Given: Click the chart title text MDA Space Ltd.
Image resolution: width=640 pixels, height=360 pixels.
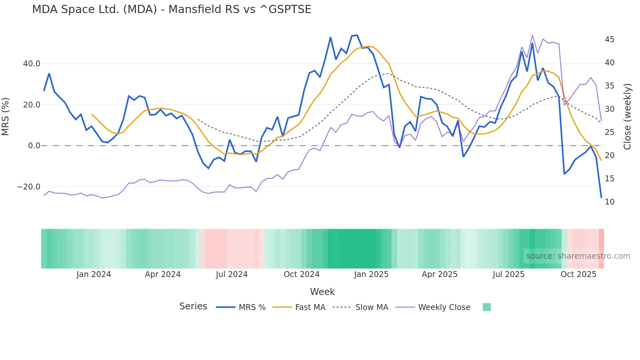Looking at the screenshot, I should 171,9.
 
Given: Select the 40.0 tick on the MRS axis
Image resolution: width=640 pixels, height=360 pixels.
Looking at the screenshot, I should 32,64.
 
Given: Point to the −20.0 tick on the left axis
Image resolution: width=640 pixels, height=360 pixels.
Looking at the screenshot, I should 29,187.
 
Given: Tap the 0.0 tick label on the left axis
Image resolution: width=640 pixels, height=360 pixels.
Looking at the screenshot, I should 34,146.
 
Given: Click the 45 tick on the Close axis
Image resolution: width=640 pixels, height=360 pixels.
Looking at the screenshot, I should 609,40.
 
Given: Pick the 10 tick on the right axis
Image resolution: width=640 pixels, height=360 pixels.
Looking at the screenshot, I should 609,202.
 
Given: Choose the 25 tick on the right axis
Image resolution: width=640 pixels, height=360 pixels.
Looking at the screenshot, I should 609,132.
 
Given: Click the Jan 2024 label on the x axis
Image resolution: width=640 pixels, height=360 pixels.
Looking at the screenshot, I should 94,274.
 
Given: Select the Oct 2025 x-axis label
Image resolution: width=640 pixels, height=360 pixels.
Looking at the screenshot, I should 578,274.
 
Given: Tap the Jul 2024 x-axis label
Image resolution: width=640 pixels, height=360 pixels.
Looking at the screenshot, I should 232,274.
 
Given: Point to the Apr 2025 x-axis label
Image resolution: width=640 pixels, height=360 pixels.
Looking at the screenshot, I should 440,274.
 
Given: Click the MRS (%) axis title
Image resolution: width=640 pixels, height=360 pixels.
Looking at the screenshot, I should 6,117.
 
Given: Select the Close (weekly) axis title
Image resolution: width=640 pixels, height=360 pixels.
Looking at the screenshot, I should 627,117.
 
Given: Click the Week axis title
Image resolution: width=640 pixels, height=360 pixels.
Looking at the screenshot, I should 322,292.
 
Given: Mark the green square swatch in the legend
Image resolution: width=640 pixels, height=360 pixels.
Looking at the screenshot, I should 487,307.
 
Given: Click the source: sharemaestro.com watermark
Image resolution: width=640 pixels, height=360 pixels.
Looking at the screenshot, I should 578,256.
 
